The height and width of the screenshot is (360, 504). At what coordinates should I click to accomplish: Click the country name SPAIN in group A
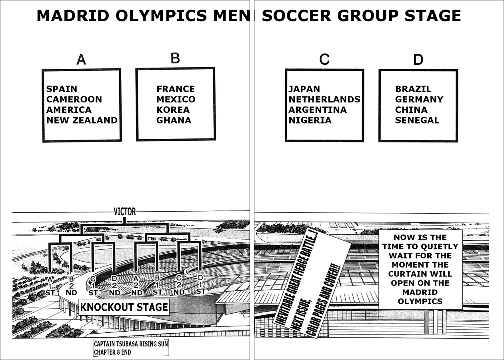point(62,89)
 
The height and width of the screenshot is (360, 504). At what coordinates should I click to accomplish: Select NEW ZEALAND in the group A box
point(82,120)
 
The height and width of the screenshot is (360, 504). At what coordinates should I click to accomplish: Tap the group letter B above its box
point(175,58)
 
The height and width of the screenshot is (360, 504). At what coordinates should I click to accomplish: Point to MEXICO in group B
point(176,100)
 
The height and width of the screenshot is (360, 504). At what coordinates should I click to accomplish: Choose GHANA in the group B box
point(174,120)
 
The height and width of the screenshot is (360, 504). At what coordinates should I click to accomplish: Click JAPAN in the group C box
point(304,89)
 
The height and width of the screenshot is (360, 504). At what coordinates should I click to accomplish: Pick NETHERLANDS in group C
point(324,100)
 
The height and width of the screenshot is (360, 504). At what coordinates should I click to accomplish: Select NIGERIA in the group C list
point(310,120)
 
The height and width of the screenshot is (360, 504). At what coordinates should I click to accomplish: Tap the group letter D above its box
point(418,60)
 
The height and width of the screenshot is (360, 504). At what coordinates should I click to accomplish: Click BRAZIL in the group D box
point(413,89)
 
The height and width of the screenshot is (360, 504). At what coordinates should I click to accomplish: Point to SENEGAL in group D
point(417,120)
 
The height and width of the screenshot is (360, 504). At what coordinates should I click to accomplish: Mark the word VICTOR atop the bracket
point(124,212)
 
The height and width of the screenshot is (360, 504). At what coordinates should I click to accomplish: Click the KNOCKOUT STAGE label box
point(124,307)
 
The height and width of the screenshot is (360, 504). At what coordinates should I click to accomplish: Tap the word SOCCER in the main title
point(296,16)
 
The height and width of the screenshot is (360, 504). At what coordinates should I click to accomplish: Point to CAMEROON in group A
point(74,100)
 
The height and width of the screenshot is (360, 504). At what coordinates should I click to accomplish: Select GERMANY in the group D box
point(419,100)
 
